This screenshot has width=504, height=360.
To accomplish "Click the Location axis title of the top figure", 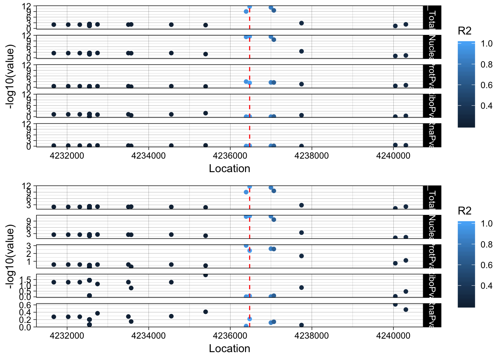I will tap(229, 169).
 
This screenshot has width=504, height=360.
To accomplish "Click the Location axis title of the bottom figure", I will tap(229, 349).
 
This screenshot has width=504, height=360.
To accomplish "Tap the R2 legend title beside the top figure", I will tap(465, 31).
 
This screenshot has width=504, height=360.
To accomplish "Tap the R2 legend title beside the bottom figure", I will tap(465, 211).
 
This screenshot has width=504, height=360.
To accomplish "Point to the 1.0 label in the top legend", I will tap(486, 44).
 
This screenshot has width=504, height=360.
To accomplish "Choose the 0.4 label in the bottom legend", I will tap(486, 286).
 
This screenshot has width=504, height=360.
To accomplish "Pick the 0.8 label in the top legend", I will tap(486, 64).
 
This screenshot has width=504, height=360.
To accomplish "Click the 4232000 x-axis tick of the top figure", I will tap(67, 156).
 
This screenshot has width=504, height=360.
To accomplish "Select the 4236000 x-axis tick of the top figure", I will tap(230, 156).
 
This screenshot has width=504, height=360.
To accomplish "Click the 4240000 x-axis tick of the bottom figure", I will tap(393, 336).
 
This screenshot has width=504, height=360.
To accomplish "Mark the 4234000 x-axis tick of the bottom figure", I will tap(149, 336).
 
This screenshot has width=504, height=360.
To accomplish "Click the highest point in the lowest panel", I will tap(395, 304).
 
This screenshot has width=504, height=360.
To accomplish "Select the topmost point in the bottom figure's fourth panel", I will tap(205, 275).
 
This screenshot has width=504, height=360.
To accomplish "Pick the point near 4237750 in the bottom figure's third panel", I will tap(301, 256).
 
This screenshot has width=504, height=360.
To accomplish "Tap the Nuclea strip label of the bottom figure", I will tap(432, 226).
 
